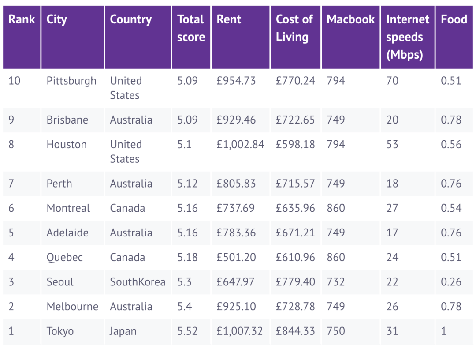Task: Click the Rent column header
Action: (x=229, y=19)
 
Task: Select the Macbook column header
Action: (x=350, y=19)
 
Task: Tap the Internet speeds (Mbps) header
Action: (x=407, y=37)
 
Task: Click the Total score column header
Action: (x=191, y=28)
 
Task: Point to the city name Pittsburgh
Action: (x=71, y=81)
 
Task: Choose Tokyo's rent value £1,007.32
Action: (x=239, y=331)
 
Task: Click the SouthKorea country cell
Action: (x=138, y=282)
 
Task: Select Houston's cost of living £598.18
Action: (x=295, y=145)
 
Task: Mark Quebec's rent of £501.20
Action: (x=236, y=257)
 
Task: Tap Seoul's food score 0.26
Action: (x=451, y=282)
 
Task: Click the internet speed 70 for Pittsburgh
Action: (x=392, y=81)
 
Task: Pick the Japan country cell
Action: (x=123, y=331)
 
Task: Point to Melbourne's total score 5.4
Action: (x=184, y=307)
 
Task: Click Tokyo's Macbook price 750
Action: (x=336, y=331)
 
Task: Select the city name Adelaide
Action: (x=67, y=232)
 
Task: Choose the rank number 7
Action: (x=11, y=184)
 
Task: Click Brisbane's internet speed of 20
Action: (x=392, y=120)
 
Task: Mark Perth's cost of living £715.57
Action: (x=295, y=184)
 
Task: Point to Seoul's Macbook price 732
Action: (x=336, y=282)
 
